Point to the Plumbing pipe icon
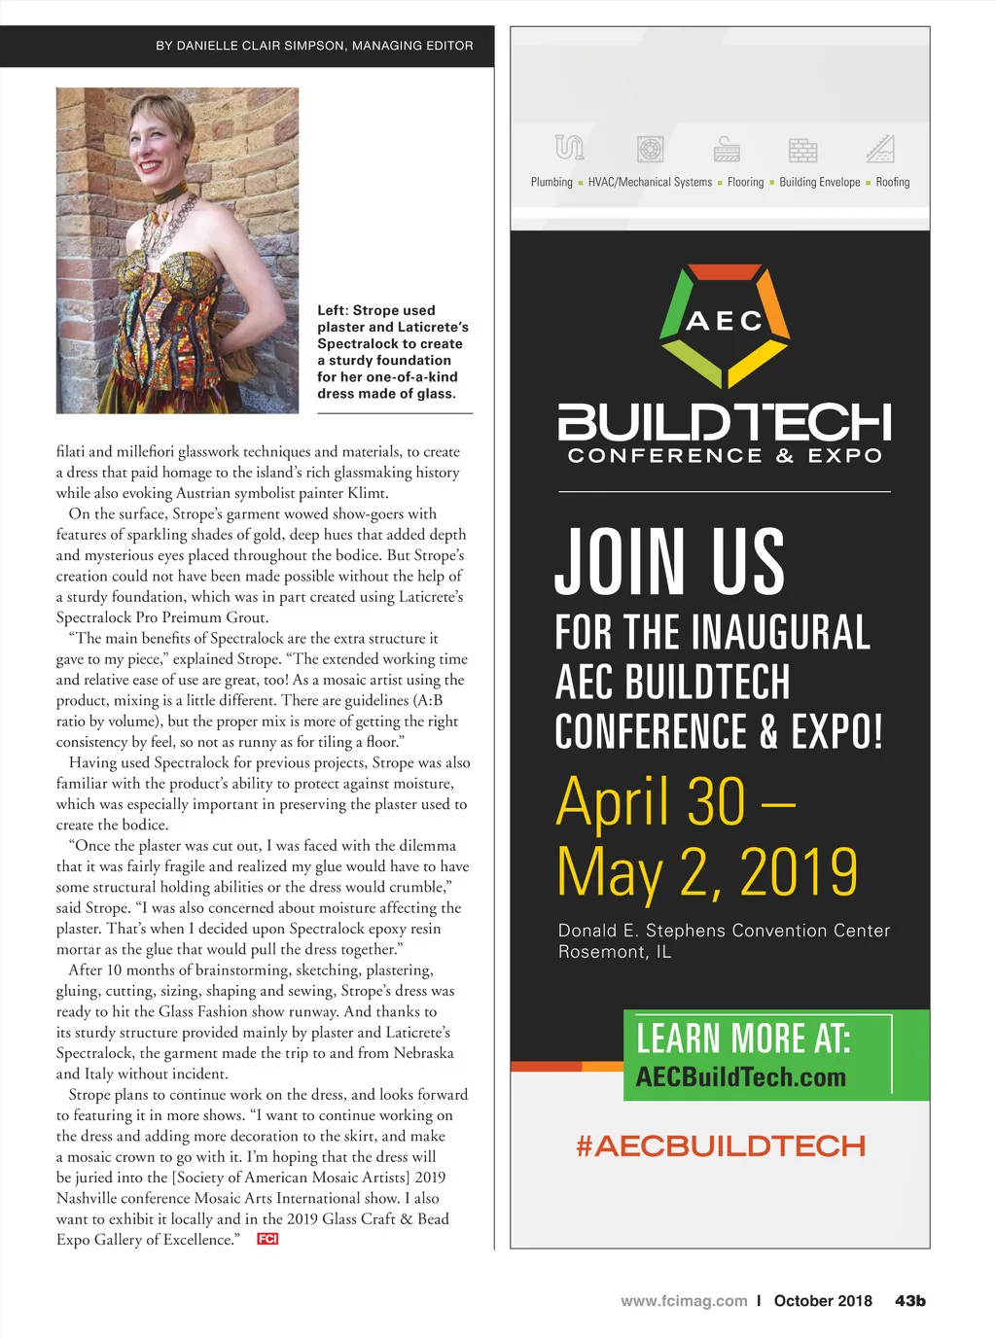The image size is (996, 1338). click(569, 148)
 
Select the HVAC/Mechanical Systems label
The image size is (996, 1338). click(650, 182)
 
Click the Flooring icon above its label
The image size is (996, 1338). click(727, 149)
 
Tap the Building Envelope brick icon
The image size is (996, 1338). click(802, 150)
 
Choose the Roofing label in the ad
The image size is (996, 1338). click(892, 182)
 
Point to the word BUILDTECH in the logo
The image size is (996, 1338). click(724, 422)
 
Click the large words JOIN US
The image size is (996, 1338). click(669, 562)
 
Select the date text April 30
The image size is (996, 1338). click(651, 802)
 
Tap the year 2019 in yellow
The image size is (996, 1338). click(799, 872)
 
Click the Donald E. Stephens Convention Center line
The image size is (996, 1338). click(724, 931)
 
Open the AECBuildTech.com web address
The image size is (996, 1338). click(740, 1077)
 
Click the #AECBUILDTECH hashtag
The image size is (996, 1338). click(720, 1146)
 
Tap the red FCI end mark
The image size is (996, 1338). click(267, 1239)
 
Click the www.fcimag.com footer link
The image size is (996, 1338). click(684, 1301)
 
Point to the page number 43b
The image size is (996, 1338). click(910, 1301)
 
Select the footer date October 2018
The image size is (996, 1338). click(823, 1301)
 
